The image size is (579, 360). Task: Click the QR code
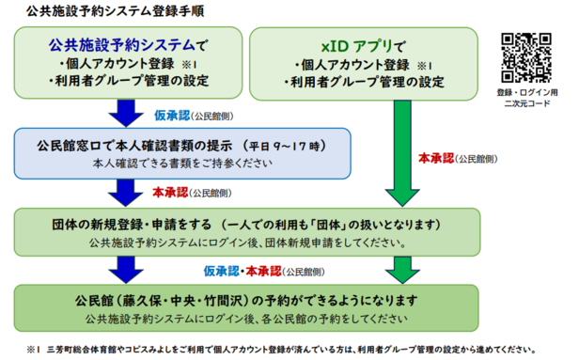point(527,58)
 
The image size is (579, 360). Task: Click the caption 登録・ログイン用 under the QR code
point(527,93)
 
